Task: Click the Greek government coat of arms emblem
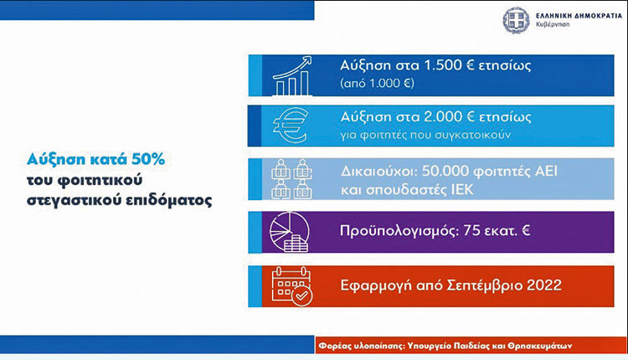[516, 20]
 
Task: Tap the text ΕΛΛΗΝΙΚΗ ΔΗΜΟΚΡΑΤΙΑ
[579, 16]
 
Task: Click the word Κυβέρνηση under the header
[553, 24]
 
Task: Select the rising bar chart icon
[292, 75]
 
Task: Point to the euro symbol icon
[291, 126]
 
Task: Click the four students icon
[291, 179]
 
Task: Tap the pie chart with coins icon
[289, 232]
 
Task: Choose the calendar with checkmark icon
[291, 286]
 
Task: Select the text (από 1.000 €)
[377, 83]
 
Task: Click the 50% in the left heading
[148, 159]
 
